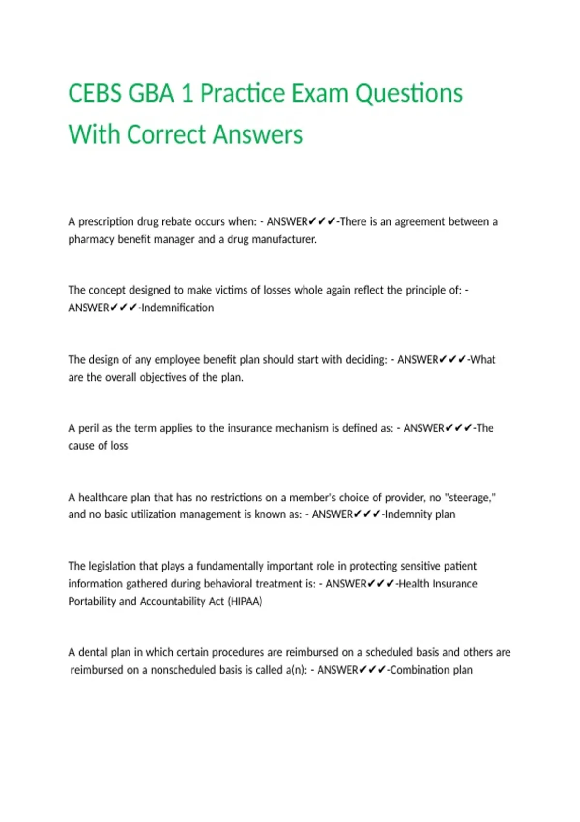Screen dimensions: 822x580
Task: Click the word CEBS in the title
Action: tap(95, 93)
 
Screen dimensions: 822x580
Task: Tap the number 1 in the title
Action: tap(187, 93)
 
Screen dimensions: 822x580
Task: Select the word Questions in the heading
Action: tap(409, 94)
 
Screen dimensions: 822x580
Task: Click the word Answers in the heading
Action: tap(258, 134)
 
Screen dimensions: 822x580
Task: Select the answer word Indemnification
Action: tap(177, 308)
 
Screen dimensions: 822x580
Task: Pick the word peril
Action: tap(89, 429)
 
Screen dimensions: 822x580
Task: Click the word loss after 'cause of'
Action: tap(119, 446)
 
